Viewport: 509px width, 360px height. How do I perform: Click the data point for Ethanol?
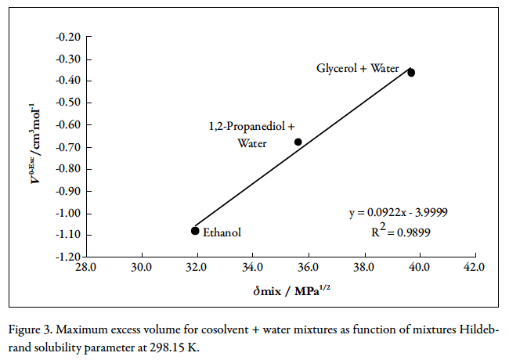195,230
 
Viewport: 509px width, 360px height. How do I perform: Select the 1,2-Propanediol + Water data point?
298,142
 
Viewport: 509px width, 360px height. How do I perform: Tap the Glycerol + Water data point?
411,72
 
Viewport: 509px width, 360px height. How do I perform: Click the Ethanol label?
222,232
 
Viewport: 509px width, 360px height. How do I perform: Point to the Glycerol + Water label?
358,69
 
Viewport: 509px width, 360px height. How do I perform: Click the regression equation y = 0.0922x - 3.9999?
398,213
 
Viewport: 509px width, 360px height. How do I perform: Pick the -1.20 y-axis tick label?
70,257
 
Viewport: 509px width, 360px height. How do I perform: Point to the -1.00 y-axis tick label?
70,213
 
